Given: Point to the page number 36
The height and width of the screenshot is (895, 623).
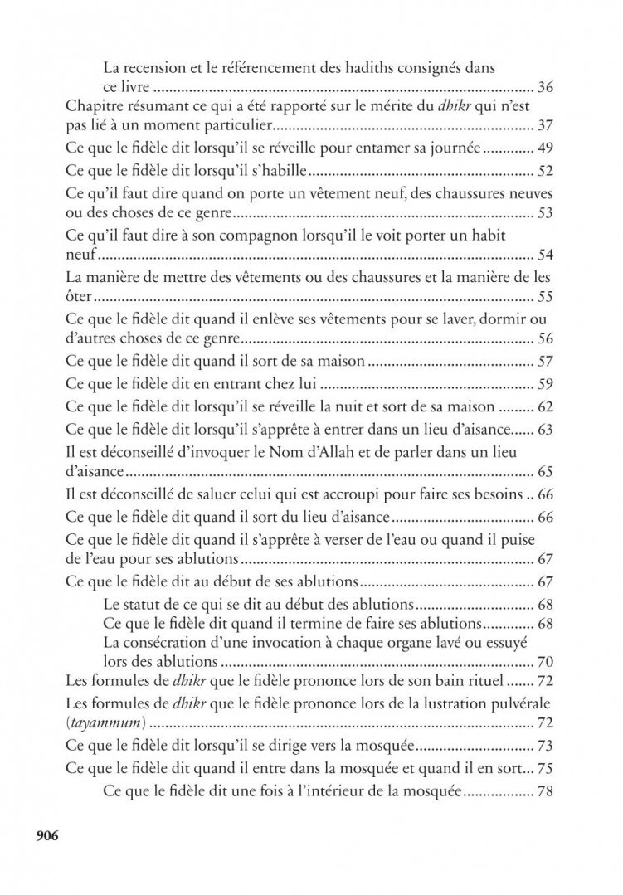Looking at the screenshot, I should (545, 86).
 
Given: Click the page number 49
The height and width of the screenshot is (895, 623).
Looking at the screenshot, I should (545, 151).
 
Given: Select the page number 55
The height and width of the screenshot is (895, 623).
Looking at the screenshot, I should (545, 297).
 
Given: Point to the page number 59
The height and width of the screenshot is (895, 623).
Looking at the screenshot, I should (545, 384).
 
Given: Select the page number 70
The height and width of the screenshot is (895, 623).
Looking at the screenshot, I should (545, 662).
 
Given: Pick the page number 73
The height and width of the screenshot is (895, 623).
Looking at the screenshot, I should (545, 746).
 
